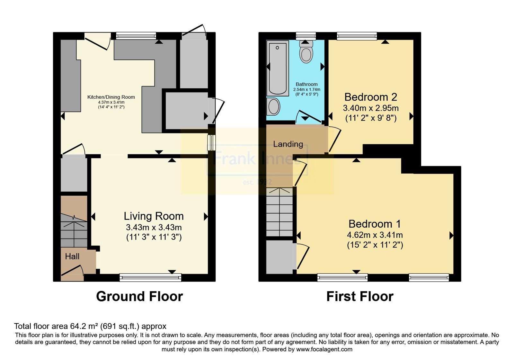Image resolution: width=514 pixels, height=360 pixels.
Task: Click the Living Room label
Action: click(x=154, y=216)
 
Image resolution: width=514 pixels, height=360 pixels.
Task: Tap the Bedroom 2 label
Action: click(x=371, y=97)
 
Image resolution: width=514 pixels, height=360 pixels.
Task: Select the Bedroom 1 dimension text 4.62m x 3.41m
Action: click(x=375, y=235)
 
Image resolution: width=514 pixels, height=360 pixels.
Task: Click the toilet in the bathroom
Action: click(x=306, y=52)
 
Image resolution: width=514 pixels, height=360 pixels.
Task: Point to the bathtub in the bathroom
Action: click(x=278, y=68)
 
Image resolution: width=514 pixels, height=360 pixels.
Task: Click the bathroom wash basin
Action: click(x=273, y=107)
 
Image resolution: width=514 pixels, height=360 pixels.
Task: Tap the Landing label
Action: click(x=288, y=144)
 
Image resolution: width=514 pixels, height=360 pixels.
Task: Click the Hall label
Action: click(x=72, y=256)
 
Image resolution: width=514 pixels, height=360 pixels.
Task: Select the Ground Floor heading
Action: click(x=139, y=296)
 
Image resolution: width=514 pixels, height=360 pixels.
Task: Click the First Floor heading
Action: click(x=360, y=296)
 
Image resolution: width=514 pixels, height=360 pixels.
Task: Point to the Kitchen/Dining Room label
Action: click(x=111, y=97)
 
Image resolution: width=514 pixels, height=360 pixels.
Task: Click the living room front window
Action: click(x=150, y=277)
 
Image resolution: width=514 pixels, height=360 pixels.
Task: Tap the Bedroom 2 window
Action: click(x=357, y=36)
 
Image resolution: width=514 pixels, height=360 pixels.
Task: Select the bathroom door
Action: click(x=309, y=117)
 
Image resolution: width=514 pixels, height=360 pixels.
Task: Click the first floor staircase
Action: click(x=279, y=212)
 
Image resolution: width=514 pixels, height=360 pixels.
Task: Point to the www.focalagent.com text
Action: click(x=324, y=349)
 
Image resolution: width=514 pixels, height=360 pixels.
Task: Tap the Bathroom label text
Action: click(x=306, y=84)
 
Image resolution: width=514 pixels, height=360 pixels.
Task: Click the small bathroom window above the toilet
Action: click(x=306, y=36)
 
